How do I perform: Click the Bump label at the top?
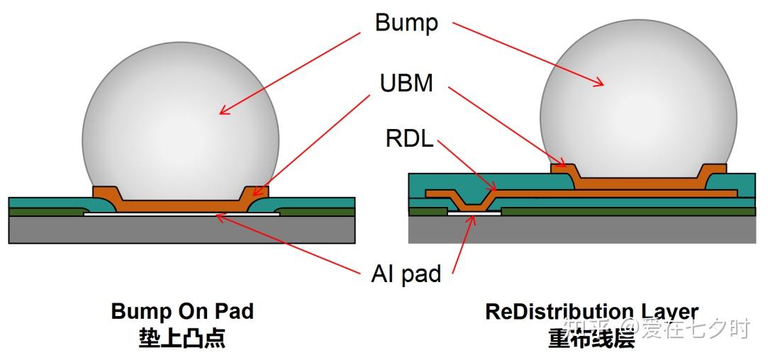pos(406,23)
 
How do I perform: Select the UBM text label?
pos(406,84)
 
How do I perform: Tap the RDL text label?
pos(409,139)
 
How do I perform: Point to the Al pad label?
pos(406,274)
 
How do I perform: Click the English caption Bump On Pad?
pos(182,311)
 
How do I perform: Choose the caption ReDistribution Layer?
pos(591,311)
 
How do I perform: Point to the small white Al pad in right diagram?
pos(474,213)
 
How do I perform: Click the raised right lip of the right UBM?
pos(713,170)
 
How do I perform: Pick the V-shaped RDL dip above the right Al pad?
pos(474,201)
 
